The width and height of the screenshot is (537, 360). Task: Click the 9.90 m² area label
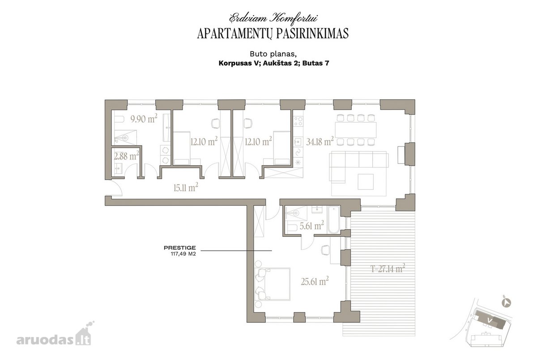(x=144, y=119)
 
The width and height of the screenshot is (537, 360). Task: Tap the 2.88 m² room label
(x=126, y=156)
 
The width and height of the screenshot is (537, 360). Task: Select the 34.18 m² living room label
(x=320, y=141)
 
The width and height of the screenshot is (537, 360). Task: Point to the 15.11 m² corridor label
(x=186, y=188)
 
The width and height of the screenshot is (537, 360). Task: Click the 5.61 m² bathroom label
(x=311, y=226)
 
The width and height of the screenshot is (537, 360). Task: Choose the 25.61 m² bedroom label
(x=315, y=281)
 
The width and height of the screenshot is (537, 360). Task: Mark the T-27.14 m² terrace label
(x=388, y=268)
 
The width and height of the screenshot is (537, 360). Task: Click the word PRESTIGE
(x=180, y=248)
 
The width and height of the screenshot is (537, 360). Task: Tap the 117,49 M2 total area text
(x=183, y=254)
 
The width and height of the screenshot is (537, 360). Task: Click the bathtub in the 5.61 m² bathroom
(x=334, y=220)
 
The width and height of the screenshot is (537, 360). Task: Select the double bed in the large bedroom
(x=273, y=284)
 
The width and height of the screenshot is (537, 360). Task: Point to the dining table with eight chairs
(x=356, y=130)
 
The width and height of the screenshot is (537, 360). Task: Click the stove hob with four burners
(x=298, y=121)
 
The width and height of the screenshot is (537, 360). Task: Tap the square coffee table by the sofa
(x=366, y=182)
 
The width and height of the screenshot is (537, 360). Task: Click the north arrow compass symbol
(x=506, y=303)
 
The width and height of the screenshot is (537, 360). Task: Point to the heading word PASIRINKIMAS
(x=312, y=34)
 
